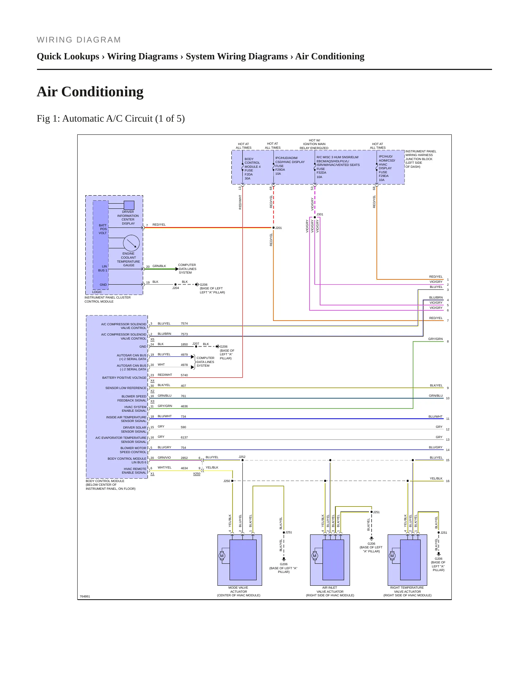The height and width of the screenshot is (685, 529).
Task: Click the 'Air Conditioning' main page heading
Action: pos(90,92)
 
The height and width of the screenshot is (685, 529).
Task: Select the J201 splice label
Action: pos(279,228)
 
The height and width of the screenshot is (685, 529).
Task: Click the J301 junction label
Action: pos(320,214)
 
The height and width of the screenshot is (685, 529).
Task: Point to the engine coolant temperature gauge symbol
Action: pos(131,243)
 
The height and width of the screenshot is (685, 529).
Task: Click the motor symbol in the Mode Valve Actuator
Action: pos(221,556)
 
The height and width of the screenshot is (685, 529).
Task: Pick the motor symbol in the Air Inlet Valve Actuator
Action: pos(314,556)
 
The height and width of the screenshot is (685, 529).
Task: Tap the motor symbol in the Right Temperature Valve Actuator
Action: pos(392,556)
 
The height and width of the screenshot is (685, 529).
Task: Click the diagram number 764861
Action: pos(85,596)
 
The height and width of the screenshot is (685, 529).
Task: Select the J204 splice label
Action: pos(176,288)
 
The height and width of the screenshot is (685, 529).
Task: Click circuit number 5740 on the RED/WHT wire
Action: pos(184,375)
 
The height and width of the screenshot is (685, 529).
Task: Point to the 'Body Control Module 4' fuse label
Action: pos(252,163)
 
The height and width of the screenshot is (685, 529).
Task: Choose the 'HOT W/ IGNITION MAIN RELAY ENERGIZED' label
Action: pos(314,144)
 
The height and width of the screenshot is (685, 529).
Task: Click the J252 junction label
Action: pos(242,457)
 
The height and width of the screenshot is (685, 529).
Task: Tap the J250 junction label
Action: pos(227,481)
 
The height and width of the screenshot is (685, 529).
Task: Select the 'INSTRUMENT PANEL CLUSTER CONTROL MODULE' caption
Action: pos(108,300)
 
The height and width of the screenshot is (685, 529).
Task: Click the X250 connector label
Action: pos(197,474)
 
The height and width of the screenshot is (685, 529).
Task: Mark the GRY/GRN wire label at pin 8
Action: pos(435,339)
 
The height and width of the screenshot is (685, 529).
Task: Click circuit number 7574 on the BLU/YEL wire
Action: pos(184,323)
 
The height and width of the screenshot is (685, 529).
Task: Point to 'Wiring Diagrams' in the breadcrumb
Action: pos(142,56)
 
